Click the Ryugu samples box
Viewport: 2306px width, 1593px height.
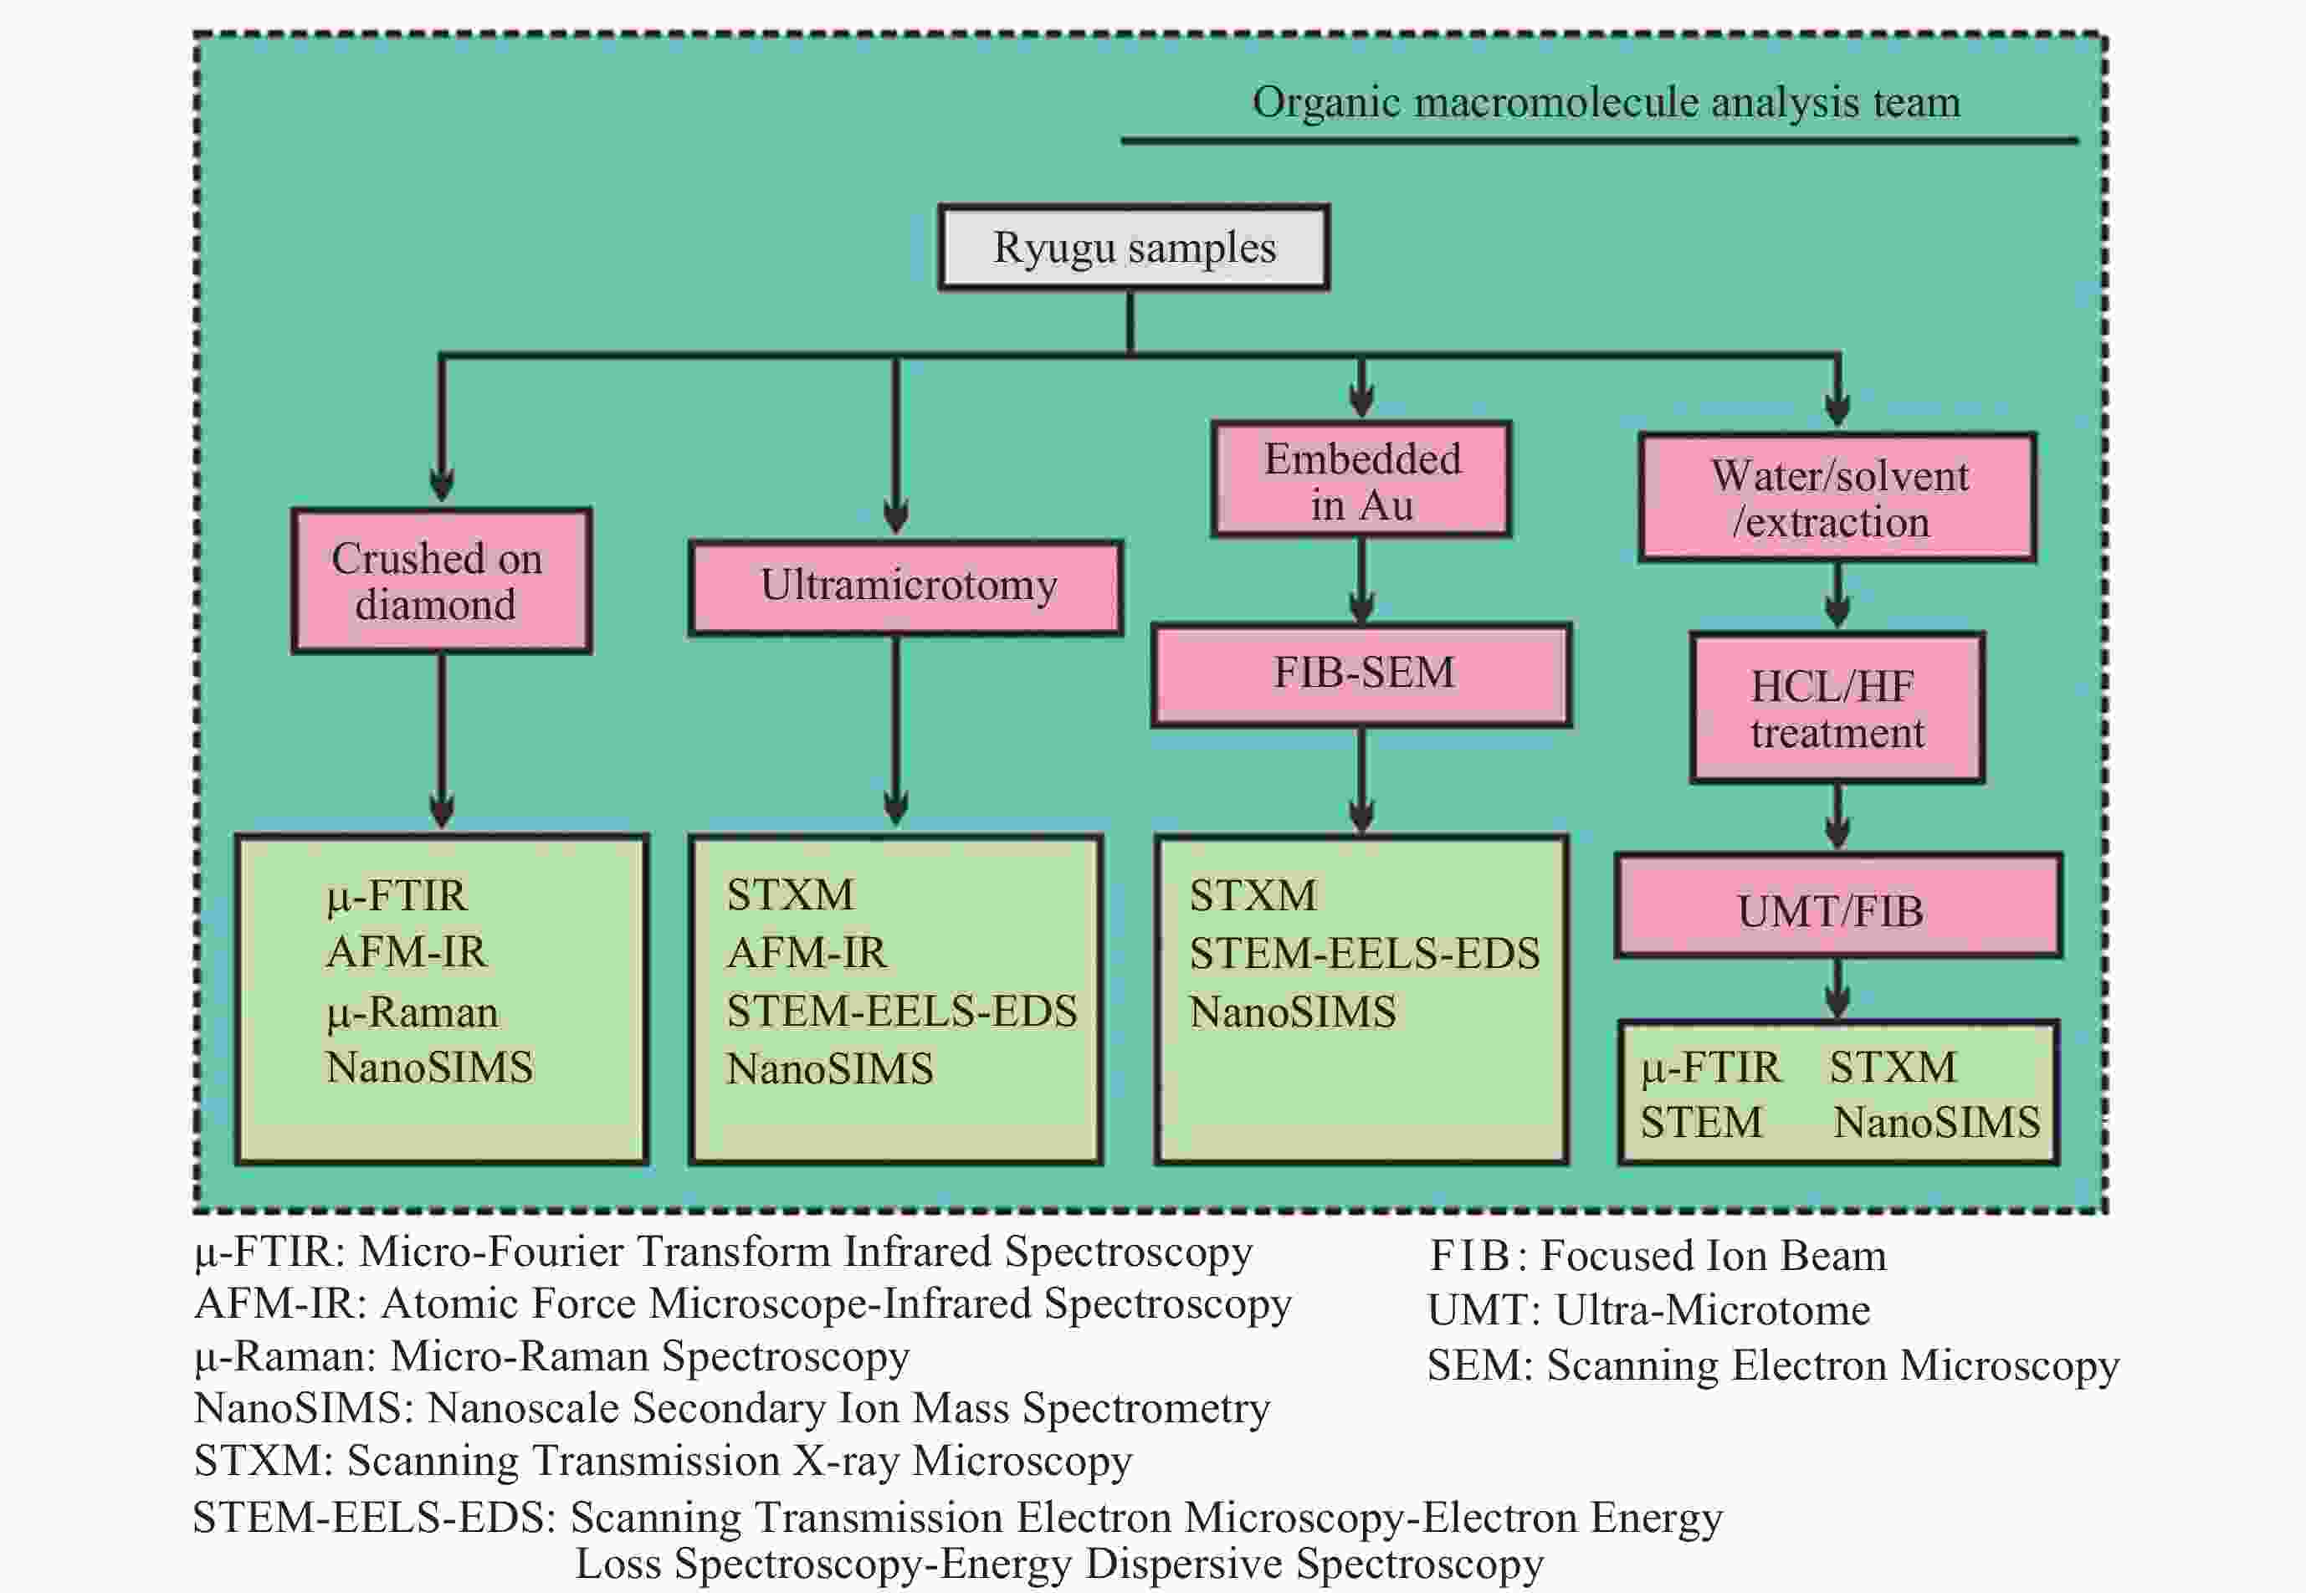pyautogui.click(x=1133, y=248)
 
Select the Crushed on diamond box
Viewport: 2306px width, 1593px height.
pyautogui.click(x=441, y=581)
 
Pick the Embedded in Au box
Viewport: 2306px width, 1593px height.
pyautogui.click(x=1361, y=480)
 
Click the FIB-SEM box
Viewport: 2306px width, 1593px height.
pyautogui.click(x=1361, y=674)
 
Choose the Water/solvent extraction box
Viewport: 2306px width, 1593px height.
pyautogui.click(x=1837, y=497)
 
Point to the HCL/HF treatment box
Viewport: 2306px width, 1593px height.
pyautogui.click(x=1837, y=708)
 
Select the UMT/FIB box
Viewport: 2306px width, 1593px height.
pyautogui.click(x=1837, y=906)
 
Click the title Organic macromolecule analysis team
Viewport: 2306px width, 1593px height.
pyautogui.click(x=1607, y=103)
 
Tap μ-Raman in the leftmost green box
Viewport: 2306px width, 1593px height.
pyautogui.click(x=413, y=1013)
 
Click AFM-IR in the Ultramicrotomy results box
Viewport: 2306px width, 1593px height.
pyautogui.click(x=806, y=952)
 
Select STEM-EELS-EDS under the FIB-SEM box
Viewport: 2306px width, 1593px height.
pyautogui.click(x=1364, y=953)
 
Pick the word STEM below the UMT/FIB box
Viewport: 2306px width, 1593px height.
pyautogui.click(x=1701, y=1122)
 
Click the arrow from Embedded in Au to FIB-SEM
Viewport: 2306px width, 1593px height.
pyautogui.click(x=1361, y=580)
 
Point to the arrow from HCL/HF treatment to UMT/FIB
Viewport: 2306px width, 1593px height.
pyautogui.click(x=1837, y=817)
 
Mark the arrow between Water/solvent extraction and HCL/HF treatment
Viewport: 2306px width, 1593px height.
pyautogui.click(x=1837, y=597)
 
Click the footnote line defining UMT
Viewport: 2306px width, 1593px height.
pyautogui.click(x=1649, y=1309)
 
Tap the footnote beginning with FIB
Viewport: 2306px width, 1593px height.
pyautogui.click(x=1658, y=1256)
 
